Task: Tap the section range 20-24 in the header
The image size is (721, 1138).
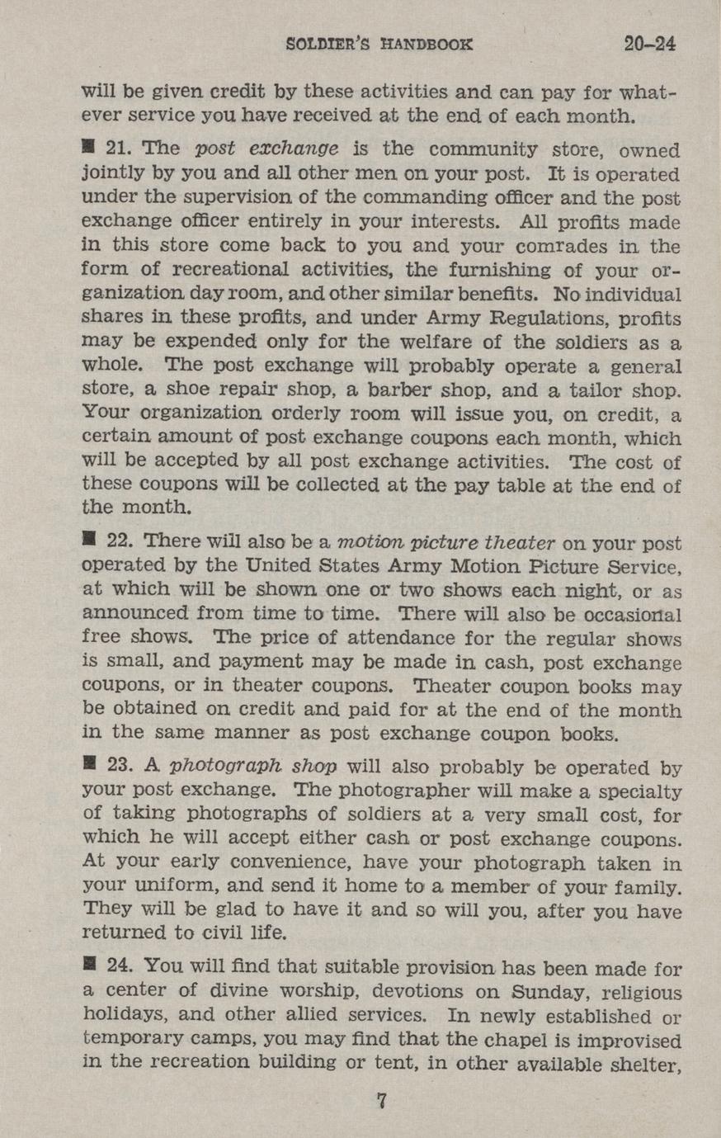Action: pyautogui.click(x=650, y=43)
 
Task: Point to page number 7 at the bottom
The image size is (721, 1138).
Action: pyautogui.click(x=381, y=1099)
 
